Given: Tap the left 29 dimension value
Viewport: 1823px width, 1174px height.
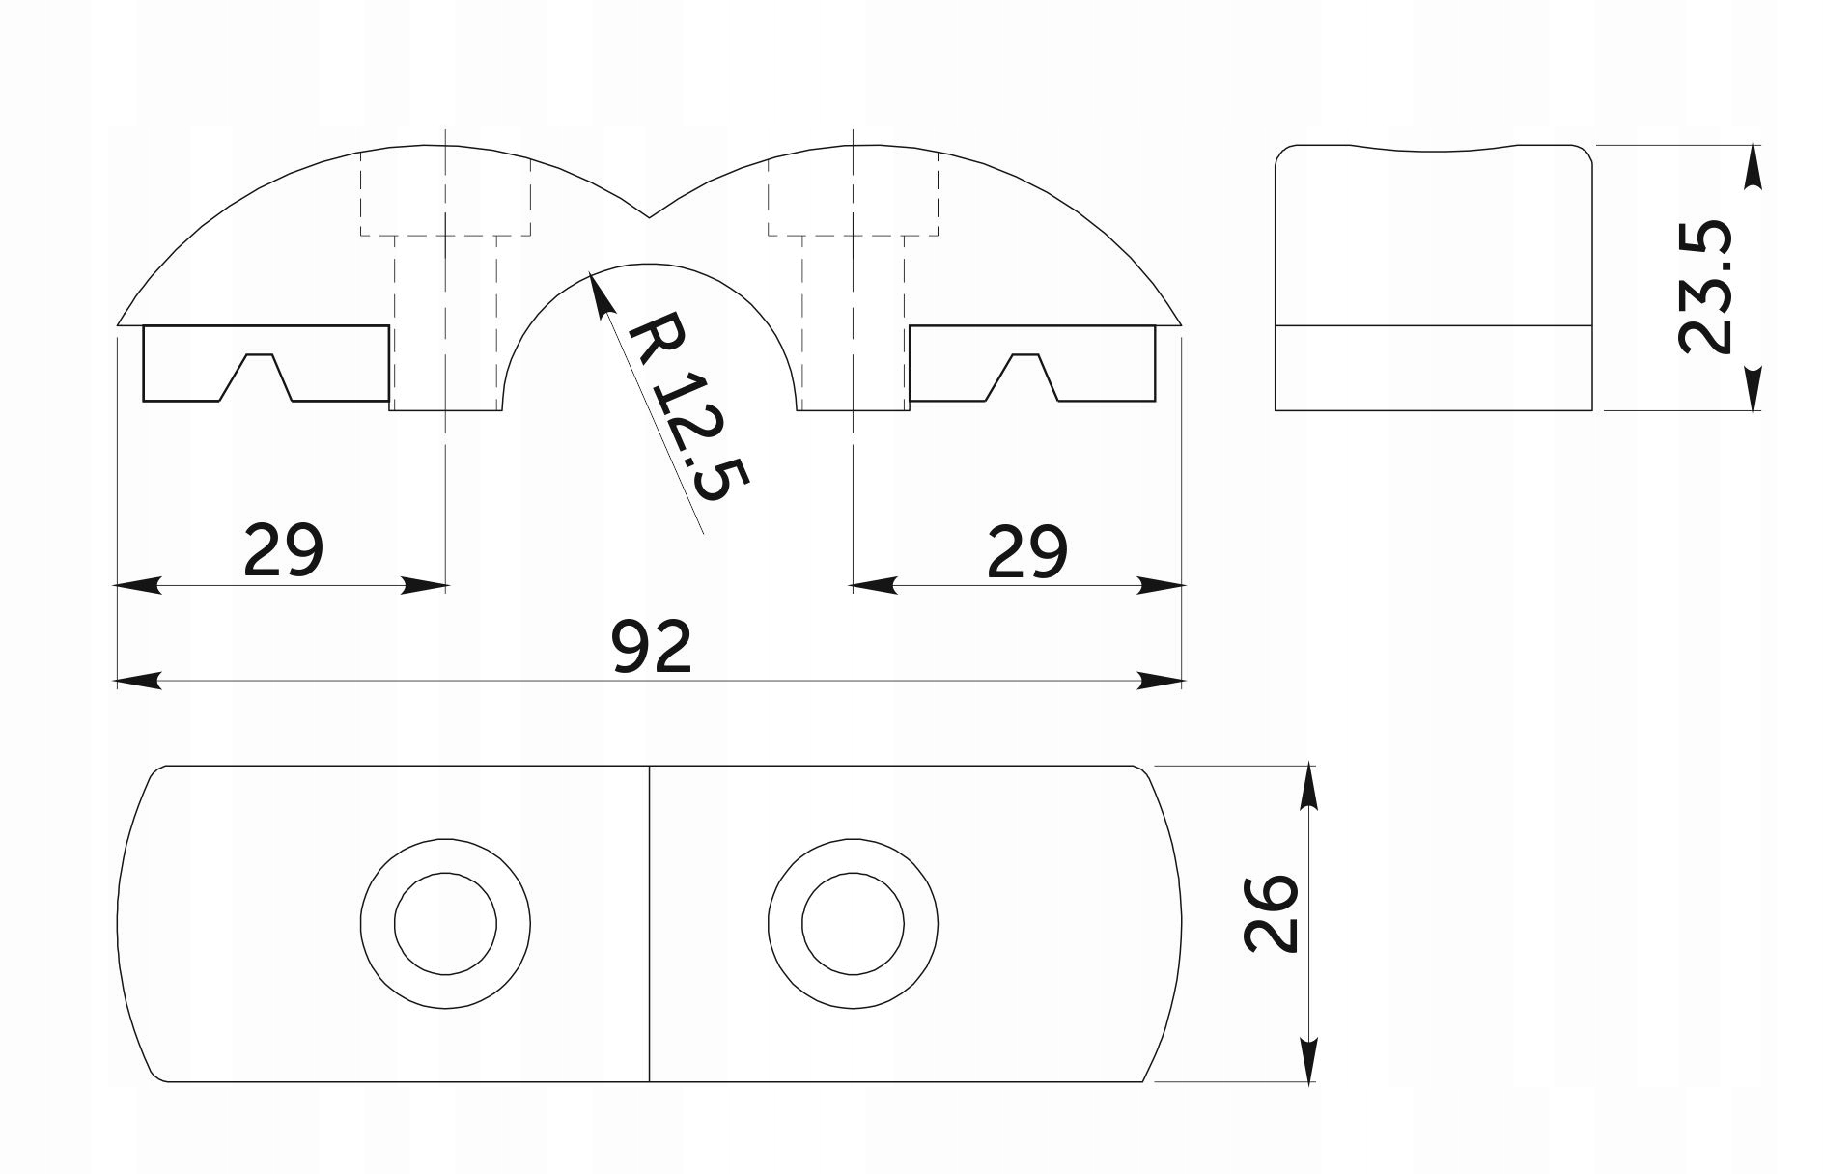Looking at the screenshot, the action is pos(282,550).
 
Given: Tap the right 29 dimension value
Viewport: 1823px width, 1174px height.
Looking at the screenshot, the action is pos(1027,550).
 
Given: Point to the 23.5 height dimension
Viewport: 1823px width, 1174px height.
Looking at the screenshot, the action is pos(1705,288).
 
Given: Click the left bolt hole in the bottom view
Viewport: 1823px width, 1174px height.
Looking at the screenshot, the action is pos(445,922).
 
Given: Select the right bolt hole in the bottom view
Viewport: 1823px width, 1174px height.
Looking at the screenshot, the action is pos(853,922).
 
